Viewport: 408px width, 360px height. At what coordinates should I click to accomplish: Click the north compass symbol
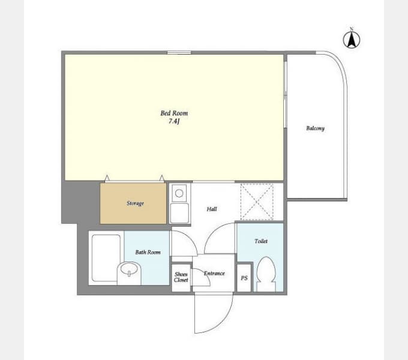pyautogui.click(x=352, y=40)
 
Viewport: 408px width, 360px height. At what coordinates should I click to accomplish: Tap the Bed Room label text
pyautogui.click(x=174, y=113)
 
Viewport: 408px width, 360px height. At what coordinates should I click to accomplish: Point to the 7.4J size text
pyautogui.click(x=174, y=121)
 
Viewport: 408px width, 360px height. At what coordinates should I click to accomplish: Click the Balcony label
pyautogui.click(x=316, y=128)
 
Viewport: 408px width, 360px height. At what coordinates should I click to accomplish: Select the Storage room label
pyautogui.click(x=135, y=203)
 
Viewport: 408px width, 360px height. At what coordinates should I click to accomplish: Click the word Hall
pyautogui.click(x=212, y=209)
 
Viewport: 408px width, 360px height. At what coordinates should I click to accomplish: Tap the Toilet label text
pyautogui.click(x=261, y=241)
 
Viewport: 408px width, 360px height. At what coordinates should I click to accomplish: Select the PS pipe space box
pyautogui.click(x=244, y=278)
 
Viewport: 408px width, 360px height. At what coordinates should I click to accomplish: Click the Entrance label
pyautogui.click(x=214, y=273)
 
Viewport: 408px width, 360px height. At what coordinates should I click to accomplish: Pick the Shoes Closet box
pyautogui.click(x=181, y=277)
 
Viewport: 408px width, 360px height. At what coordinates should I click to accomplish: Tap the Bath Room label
pyautogui.click(x=148, y=252)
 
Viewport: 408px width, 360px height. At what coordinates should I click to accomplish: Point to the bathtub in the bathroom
pyautogui.click(x=106, y=258)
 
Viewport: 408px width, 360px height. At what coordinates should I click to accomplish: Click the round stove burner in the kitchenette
pyautogui.click(x=179, y=193)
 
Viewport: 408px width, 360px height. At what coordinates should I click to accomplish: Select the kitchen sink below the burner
pyautogui.click(x=179, y=213)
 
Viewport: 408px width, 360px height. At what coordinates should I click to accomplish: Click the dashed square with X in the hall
pyautogui.click(x=257, y=202)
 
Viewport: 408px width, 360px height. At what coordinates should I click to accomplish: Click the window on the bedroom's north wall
pyautogui.click(x=179, y=53)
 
